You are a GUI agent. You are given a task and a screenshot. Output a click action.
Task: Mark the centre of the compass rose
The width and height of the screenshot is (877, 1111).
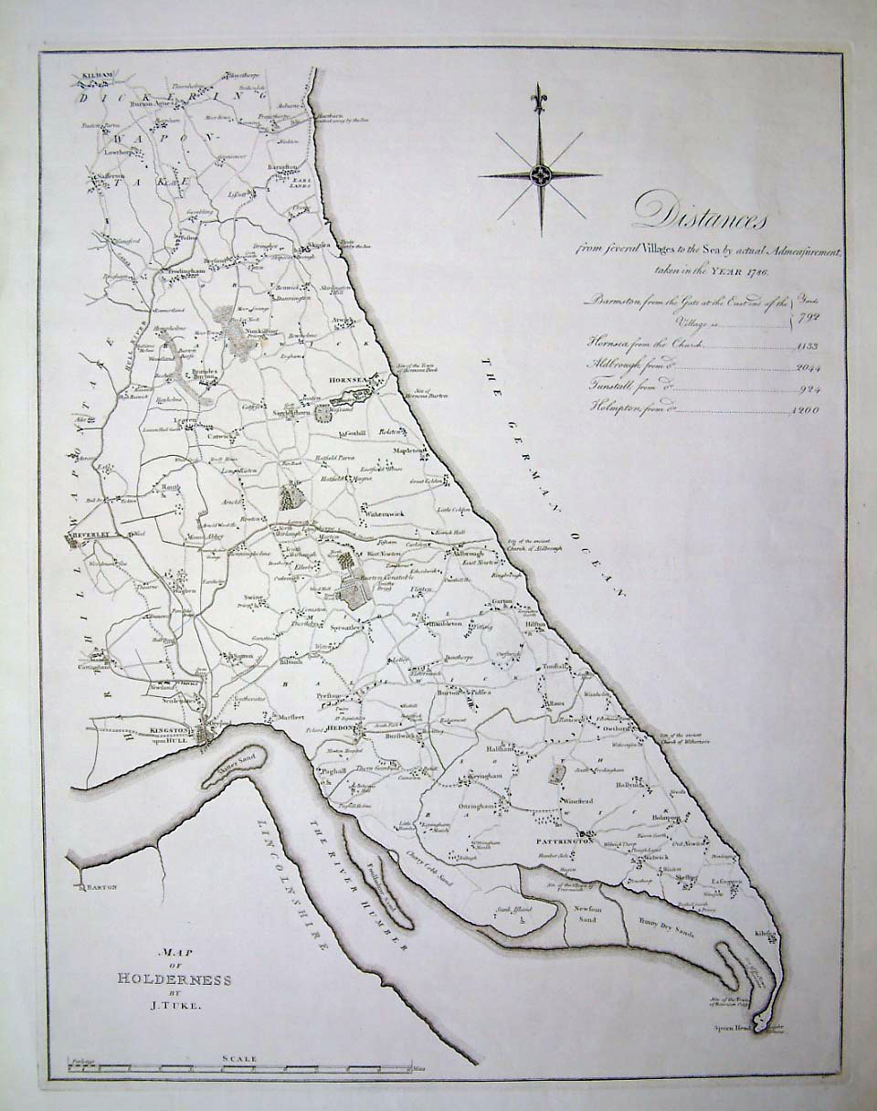pos(540,174)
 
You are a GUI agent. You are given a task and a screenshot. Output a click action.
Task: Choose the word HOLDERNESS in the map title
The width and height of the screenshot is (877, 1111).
pos(174,979)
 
